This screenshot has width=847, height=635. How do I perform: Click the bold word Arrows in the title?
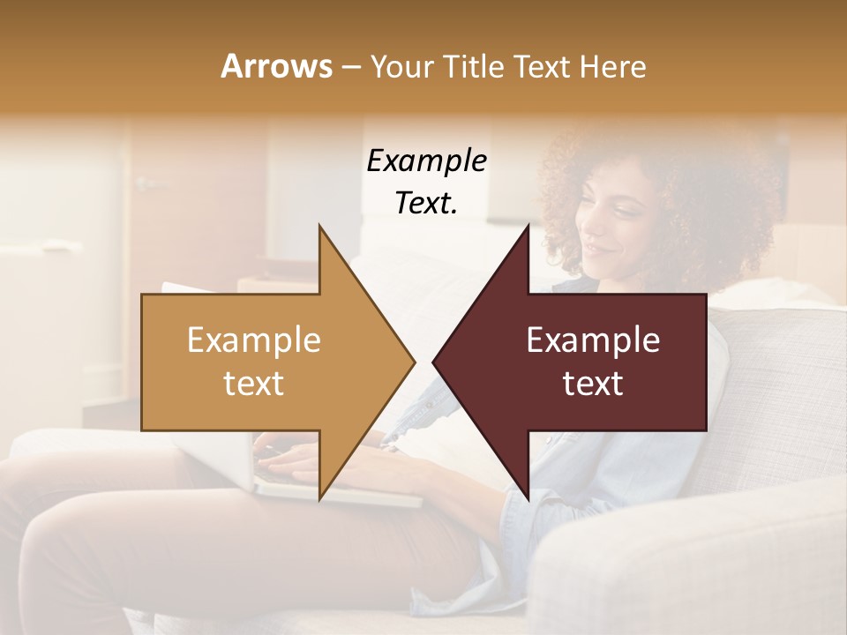click(x=276, y=66)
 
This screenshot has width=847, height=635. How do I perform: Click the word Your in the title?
click(x=402, y=66)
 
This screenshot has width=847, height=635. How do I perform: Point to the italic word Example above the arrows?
click(x=426, y=161)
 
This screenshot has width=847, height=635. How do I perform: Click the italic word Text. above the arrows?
click(x=426, y=203)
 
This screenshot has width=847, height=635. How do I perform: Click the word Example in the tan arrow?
click(x=254, y=340)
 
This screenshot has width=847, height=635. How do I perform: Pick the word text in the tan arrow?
click(x=254, y=384)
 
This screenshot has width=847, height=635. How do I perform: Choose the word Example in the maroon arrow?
click(x=593, y=340)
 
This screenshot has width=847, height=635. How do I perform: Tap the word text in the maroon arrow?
click(x=593, y=384)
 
